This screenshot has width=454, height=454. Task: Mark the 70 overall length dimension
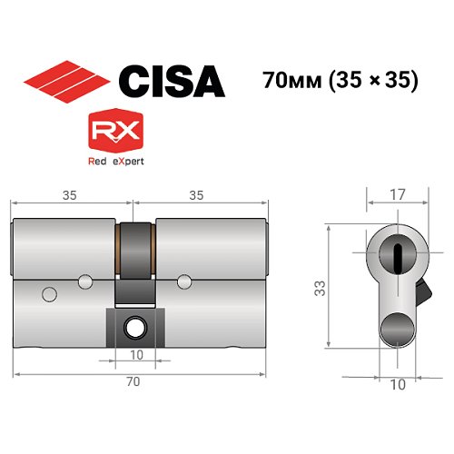(x=134, y=382)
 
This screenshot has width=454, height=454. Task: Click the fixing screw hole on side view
(x=134, y=324)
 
